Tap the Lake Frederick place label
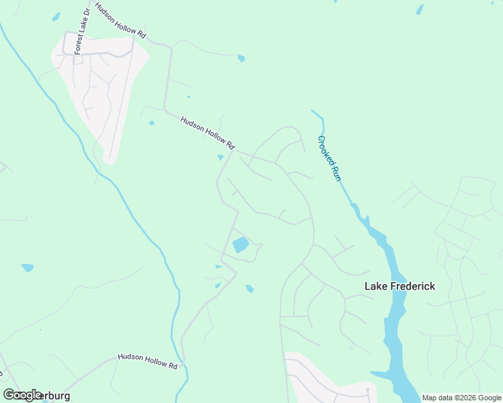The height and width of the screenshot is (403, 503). (x=399, y=286)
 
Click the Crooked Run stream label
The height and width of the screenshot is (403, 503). (x=330, y=159)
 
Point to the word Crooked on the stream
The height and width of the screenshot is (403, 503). (x=325, y=149)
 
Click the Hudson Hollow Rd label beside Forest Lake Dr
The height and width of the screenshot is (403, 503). (x=120, y=20)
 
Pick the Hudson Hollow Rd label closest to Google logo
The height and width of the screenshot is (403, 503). (x=147, y=361)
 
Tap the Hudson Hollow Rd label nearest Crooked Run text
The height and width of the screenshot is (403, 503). (x=208, y=132)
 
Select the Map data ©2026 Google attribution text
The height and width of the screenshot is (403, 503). (x=461, y=398)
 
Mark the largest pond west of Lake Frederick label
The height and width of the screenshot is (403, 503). (x=240, y=245)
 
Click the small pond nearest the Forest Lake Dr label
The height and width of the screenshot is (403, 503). (x=56, y=16)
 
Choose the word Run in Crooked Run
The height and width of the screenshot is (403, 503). (x=335, y=172)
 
